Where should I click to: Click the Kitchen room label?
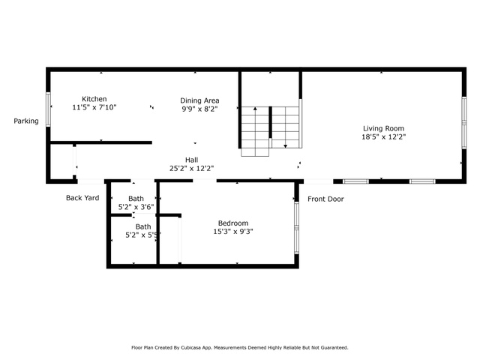click(94, 99)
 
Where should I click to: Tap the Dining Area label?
click(199, 100)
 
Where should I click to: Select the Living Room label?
click(383, 128)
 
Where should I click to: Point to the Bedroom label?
click(233, 223)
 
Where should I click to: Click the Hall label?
click(192, 160)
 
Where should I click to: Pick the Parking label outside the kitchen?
click(26, 121)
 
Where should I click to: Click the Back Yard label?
click(82, 198)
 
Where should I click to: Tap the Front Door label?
click(325, 199)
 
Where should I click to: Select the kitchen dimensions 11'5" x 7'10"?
click(94, 107)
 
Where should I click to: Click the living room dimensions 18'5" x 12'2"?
click(383, 136)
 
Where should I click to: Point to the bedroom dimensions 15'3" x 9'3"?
click(233, 232)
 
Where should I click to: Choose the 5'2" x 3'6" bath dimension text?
click(136, 207)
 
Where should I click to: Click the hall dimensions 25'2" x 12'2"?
click(192, 168)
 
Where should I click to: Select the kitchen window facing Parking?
click(48, 109)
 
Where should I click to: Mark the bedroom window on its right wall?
click(296, 228)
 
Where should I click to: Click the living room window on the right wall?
click(464, 123)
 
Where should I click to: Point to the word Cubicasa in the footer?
click(191, 348)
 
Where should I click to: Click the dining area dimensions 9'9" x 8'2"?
click(199, 109)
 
